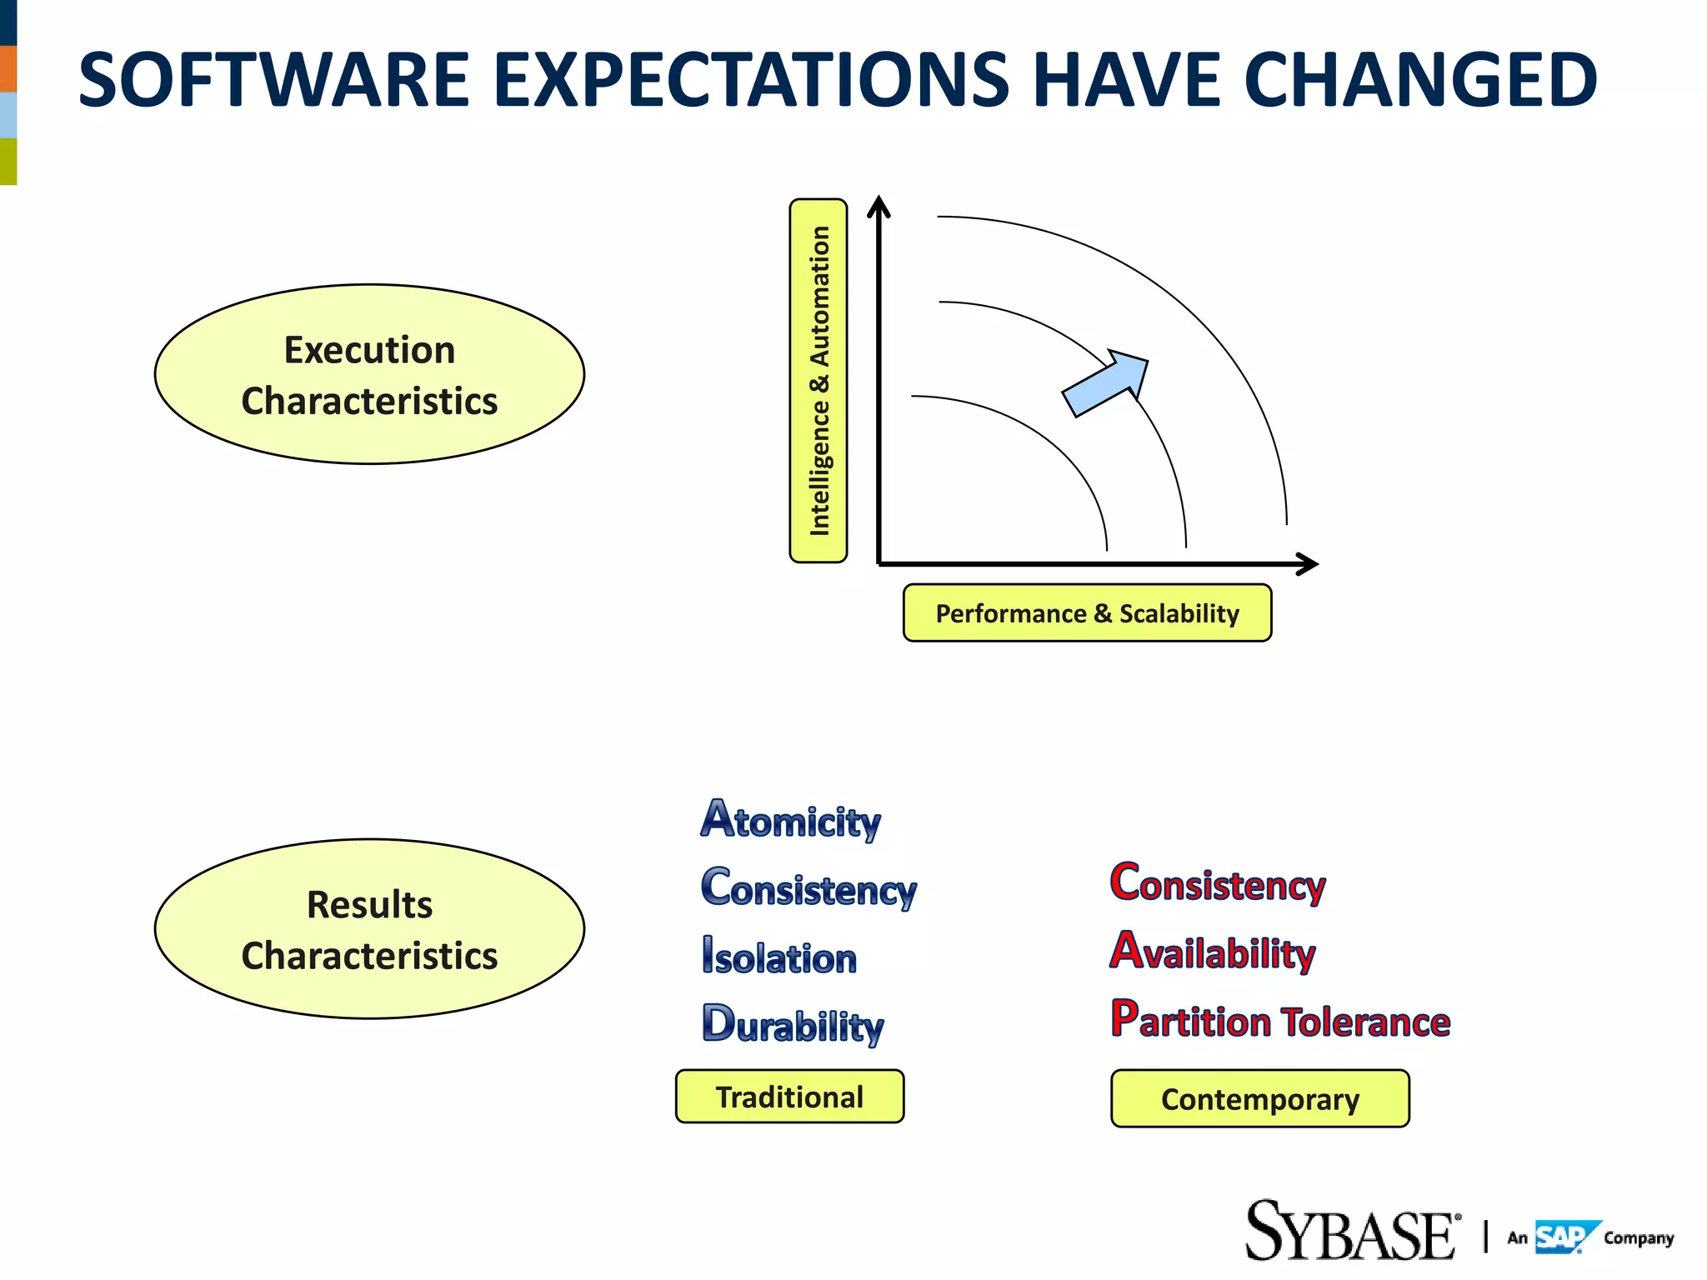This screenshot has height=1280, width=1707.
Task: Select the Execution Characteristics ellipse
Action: [369, 375]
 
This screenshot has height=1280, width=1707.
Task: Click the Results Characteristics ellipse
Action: [369, 929]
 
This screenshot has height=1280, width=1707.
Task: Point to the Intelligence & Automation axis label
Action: [818, 381]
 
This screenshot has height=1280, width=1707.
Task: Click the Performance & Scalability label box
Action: [1087, 613]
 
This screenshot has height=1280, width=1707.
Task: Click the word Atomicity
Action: [790, 820]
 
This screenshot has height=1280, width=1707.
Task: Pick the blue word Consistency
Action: [808, 888]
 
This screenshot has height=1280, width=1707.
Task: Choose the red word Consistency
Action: [1217, 883]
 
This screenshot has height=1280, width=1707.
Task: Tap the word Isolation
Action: [779, 957]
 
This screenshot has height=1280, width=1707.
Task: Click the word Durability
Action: [793, 1025]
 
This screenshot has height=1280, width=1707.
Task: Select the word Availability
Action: [1213, 952]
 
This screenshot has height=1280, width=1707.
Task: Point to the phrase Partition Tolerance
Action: [1280, 1021]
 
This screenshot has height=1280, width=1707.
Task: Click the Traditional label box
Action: [789, 1097]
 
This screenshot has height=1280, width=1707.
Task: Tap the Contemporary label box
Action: [1259, 1099]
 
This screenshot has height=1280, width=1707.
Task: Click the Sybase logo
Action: [1350, 1232]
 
